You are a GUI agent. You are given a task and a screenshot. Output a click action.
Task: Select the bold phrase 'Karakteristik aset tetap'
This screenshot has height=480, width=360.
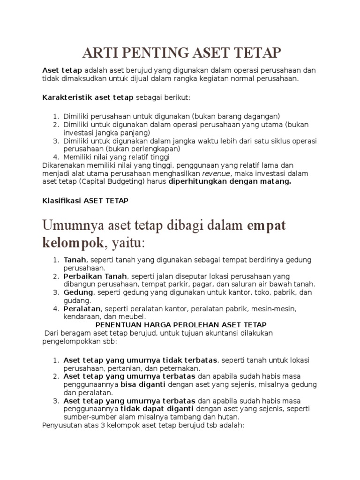[88, 97]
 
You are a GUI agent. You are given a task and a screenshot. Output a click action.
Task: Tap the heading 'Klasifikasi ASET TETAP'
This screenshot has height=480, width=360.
[85, 200]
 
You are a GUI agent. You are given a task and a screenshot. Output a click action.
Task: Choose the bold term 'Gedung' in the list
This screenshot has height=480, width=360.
[77, 292]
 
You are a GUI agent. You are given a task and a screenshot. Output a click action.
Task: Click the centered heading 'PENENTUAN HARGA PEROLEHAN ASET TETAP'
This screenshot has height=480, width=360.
[181, 324]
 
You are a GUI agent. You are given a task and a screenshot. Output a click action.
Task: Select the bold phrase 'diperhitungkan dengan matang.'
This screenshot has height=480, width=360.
[230, 181]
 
